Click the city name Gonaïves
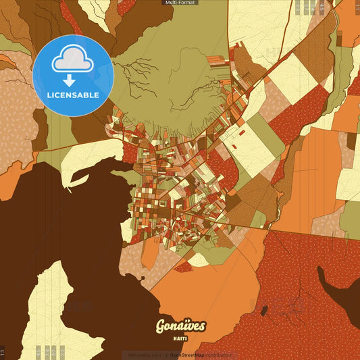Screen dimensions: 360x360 click(x=180, y=326)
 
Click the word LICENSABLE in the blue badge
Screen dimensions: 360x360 click(x=73, y=95)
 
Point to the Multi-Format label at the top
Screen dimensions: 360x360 click(x=180, y=3)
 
